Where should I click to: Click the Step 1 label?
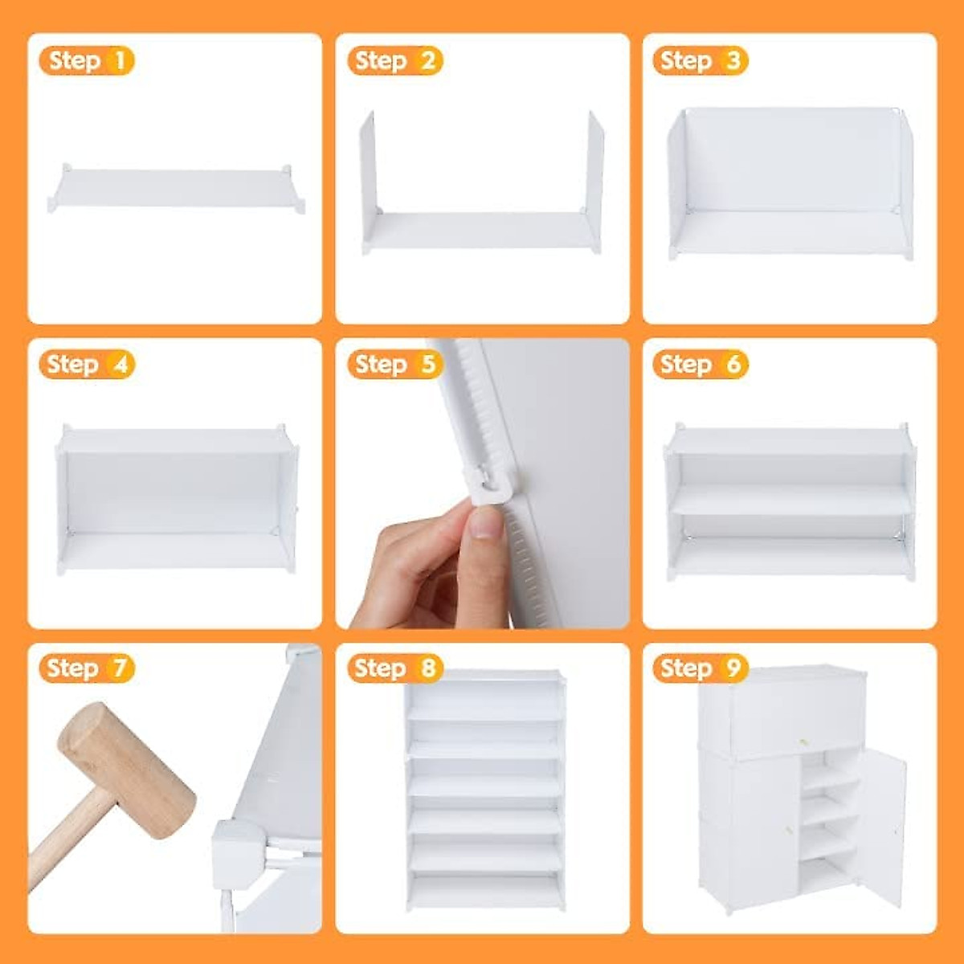[x=87, y=60]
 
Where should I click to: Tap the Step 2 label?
[x=395, y=60]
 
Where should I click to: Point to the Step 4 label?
[x=87, y=364]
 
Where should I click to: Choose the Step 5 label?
[x=395, y=364]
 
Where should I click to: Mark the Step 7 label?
[x=87, y=668]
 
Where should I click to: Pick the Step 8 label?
[x=395, y=668]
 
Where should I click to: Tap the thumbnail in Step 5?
[x=485, y=523]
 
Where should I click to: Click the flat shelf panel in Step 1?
[x=177, y=187]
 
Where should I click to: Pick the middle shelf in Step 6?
[x=791, y=500]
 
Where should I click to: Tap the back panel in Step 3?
[x=791, y=161]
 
